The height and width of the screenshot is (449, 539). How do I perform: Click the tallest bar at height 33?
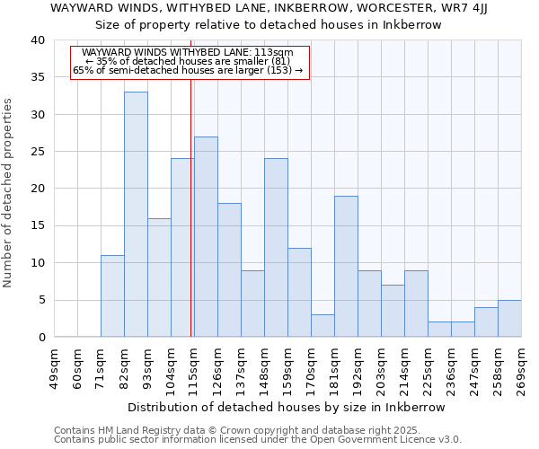click(136, 215)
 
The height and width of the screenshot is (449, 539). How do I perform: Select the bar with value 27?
click(206, 237)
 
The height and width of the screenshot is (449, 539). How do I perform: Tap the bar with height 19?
click(346, 267)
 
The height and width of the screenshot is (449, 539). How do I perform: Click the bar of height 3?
click(323, 326)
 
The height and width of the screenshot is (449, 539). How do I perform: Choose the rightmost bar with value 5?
click(509, 319)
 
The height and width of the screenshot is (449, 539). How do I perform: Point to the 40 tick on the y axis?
click(37, 40)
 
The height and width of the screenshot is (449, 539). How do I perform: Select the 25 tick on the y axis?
click(37, 152)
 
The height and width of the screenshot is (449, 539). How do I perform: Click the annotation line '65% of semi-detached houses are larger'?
click(188, 70)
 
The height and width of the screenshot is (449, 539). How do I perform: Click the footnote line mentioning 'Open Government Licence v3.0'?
click(258, 440)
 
